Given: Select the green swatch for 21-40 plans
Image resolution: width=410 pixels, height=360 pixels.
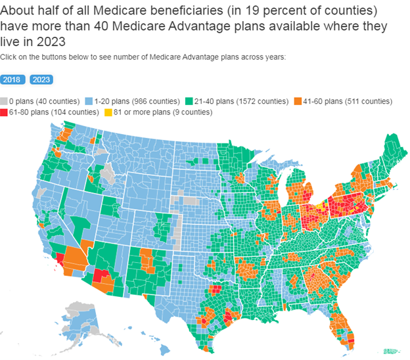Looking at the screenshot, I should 189,101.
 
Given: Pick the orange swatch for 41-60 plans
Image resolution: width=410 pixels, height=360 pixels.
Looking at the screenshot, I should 298,101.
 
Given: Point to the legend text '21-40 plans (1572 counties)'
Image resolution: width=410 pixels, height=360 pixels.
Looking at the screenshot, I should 240,101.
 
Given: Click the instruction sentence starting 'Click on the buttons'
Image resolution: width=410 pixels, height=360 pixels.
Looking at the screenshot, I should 143,57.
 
